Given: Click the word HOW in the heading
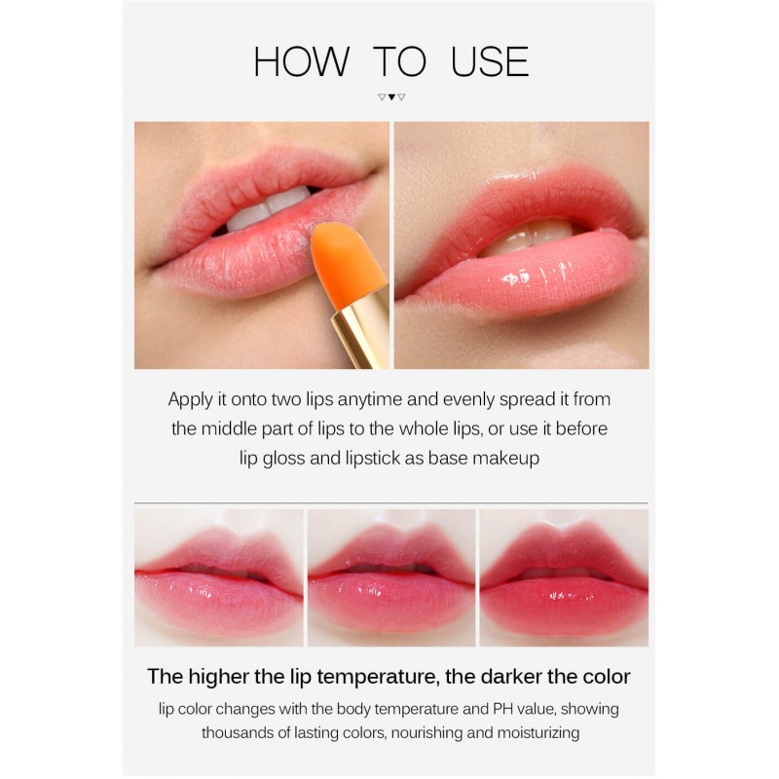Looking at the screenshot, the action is click(301, 61).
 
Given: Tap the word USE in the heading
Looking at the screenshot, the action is click(490, 61).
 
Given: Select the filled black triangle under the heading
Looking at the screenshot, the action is click(391, 96).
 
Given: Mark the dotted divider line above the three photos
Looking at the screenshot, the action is click(391, 503).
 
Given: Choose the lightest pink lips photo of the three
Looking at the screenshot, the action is click(218, 577).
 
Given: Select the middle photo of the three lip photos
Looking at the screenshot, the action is click(391, 577).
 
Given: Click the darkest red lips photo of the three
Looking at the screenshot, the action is click(564, 577).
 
